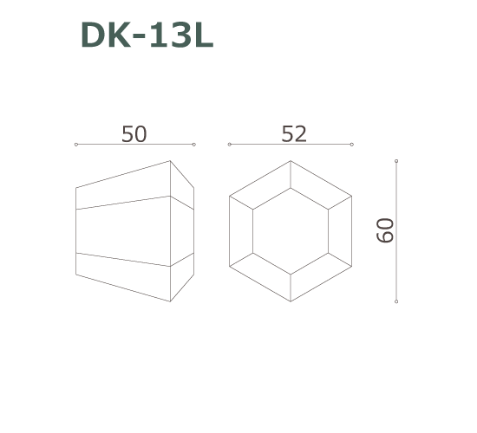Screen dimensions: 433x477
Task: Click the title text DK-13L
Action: point(147,36)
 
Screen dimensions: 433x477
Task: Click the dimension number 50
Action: point(134,134)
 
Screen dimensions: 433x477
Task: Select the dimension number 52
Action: point(294,134)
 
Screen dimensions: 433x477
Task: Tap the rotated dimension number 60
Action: point(385,230)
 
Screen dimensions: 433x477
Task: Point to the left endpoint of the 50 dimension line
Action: point(76,144)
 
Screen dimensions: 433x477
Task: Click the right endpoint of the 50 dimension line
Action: point(194,144)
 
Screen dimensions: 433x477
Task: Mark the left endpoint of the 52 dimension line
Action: point(229,144)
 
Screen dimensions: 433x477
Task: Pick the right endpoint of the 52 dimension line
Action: point(353,144)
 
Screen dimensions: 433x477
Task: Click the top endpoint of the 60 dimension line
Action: point(396,161)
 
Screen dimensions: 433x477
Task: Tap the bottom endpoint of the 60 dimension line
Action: point(396,301)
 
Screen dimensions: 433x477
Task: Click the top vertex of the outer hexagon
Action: point(291,161)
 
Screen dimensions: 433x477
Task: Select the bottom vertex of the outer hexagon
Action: point(291,301)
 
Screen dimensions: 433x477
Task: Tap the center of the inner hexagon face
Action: point(291,231)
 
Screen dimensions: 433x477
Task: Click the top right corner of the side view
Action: point(170,161)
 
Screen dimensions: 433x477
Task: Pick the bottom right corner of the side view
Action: point(170,301)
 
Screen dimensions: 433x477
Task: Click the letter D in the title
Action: point(93,36)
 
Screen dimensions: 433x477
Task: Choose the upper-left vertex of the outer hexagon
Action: point(230,197)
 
